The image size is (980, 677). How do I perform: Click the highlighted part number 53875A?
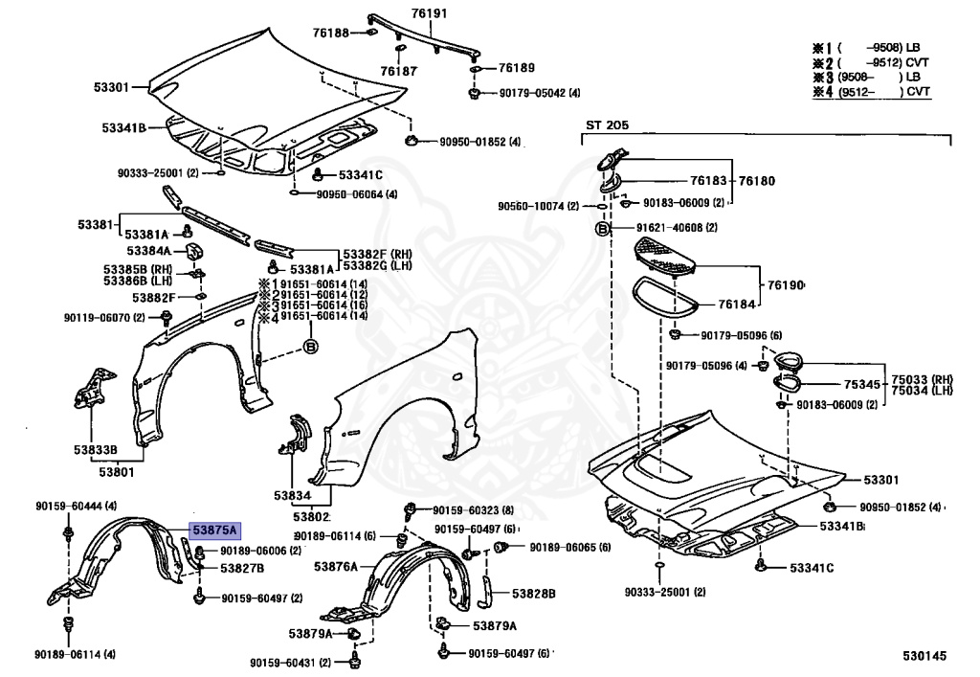click(214, 530)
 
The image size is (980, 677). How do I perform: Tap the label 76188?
click(330, 34)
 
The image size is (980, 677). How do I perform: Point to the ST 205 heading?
click(608, 124)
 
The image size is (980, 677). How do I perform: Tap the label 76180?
click(756, 180)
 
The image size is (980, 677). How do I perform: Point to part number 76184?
click(737, 305)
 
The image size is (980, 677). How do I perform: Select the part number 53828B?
click(533, 594)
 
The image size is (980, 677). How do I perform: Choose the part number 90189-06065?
click(556, 548)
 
